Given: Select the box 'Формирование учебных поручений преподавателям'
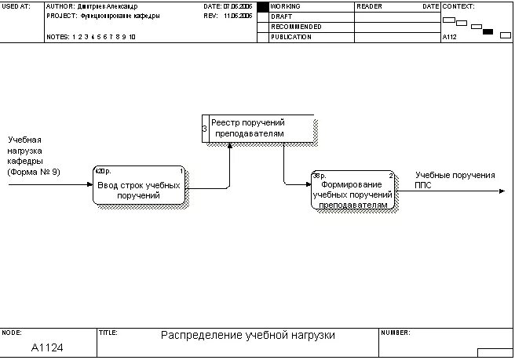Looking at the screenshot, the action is pos(352,190).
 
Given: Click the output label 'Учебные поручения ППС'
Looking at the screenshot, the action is pos(455,180).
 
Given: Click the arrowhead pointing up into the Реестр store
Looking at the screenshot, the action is pos(230,147).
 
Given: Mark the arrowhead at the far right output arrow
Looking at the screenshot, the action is pos(502,191).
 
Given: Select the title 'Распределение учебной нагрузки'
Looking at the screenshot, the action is pos(247,335).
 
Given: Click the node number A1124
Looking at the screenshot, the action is pos(47,347).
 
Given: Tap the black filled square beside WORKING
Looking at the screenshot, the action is pos(262,6).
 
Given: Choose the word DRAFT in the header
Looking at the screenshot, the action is pos(280,16).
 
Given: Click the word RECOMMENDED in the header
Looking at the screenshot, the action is pos(296,27).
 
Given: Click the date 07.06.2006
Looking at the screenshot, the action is pos(237,6).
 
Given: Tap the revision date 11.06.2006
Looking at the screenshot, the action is pos(237,16).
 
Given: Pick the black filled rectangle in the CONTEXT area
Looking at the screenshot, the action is pos(488,32).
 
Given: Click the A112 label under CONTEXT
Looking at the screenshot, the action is pos(450,37).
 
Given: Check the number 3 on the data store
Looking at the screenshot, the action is pos(205,129).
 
